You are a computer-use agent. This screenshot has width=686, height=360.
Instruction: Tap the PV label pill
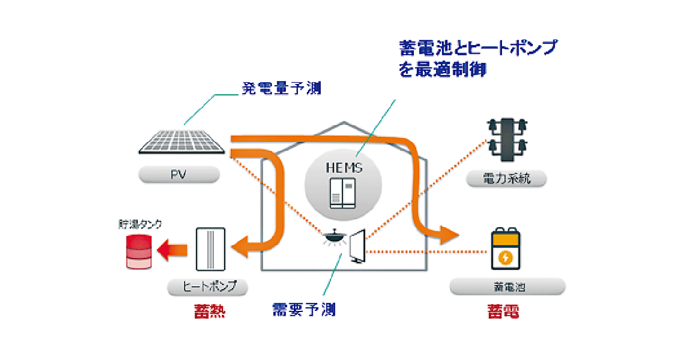pos(178,174)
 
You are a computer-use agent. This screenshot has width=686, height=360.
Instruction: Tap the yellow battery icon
pos(506,250)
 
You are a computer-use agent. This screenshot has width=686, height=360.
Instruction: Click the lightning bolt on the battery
pos(506,257)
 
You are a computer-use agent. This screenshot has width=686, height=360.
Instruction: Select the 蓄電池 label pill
pos(508,286)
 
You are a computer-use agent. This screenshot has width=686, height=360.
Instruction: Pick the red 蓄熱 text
pos(209,312)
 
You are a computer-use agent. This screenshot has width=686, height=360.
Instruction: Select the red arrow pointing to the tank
pos(173,250)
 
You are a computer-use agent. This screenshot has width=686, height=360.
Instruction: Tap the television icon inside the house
pos(358,246)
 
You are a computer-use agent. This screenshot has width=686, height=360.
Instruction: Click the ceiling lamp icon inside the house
pos(333,237)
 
